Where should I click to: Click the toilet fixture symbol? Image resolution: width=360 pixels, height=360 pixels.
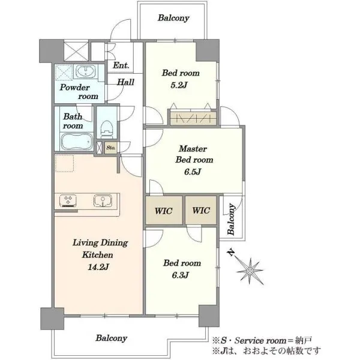pos(107,129)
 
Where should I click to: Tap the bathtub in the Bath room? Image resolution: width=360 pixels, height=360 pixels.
pos(77,142)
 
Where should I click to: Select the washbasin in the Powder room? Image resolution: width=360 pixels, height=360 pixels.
pos(86,71)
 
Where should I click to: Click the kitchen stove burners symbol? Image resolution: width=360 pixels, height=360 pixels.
pos(68,200)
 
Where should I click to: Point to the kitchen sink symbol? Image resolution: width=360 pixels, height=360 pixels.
pos(103,200)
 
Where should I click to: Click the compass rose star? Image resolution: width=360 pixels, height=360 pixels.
pos(250,271)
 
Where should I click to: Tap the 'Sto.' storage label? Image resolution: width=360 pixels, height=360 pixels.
pos(111,148)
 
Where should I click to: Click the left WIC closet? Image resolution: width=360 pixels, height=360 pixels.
pos(164,211)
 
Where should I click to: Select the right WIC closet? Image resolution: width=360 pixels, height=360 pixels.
pos(201,211)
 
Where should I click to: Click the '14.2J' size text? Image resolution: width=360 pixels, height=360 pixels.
pos(98,267)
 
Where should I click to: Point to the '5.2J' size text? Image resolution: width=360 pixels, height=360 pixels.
pos(179,85)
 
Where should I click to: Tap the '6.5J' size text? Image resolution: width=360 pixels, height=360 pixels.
pos(193,172)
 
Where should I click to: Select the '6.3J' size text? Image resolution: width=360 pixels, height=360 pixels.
pos(180,275)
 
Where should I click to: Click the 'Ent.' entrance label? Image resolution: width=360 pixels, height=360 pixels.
pos(121,65)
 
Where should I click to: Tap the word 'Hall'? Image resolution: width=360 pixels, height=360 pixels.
pos(125,82)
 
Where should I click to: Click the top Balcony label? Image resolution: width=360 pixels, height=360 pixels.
pos(173,18)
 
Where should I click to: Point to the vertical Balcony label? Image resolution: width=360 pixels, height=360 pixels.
pos(231,219)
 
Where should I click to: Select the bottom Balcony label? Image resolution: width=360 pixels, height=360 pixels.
pos(112,338)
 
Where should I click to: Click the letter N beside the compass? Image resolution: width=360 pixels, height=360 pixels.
pos(232,253)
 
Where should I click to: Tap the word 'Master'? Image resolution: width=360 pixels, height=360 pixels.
pos(193,149)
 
